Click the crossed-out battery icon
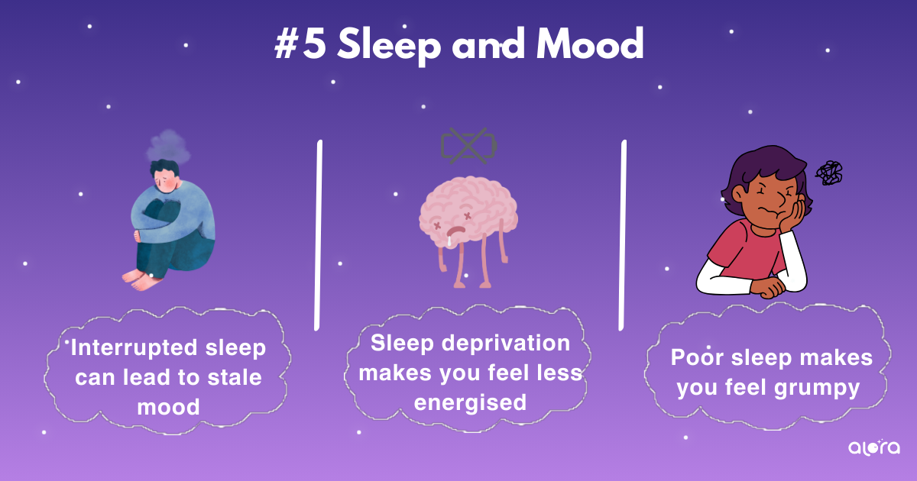(x=468, y=146)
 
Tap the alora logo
(x=874, y=447)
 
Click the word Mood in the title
(x=590, y=44)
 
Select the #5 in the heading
(x=300, y=44)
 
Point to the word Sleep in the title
(x=389, y=47)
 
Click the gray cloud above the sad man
(x=169, y=146)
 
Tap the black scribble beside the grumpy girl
(x=829, y=173)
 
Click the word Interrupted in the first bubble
(x=134, y=348)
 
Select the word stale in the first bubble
(x=235, y=377)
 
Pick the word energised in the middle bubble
(x=471, y=403)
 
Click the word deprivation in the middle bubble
(x=506, y=344)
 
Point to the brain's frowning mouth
(x=455, y=231)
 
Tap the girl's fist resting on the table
(x=768, y=287)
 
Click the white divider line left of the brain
(x=318, y=235)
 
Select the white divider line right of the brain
(x=622, y=235)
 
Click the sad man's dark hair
(x=164, y=168)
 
